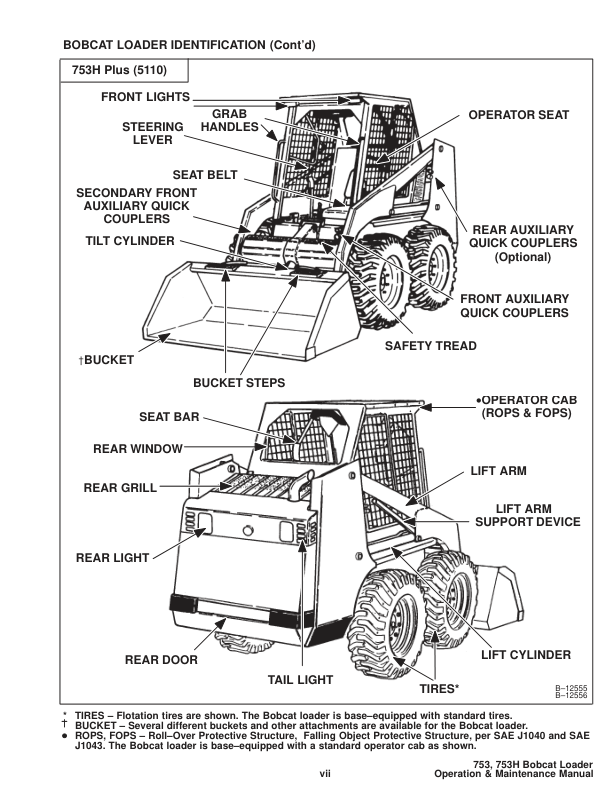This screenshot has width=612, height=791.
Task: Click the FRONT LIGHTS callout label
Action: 146,97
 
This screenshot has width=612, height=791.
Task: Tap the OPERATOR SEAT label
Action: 519,115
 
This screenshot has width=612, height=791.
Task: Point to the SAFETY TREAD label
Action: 431,346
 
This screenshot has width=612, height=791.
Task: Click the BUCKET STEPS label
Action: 239,383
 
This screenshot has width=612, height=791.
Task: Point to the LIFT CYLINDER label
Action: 525,655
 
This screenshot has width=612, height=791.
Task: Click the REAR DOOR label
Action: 161,660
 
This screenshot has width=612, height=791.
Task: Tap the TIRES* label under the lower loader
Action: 438,688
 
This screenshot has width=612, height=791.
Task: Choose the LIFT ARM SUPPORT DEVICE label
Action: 526,515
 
